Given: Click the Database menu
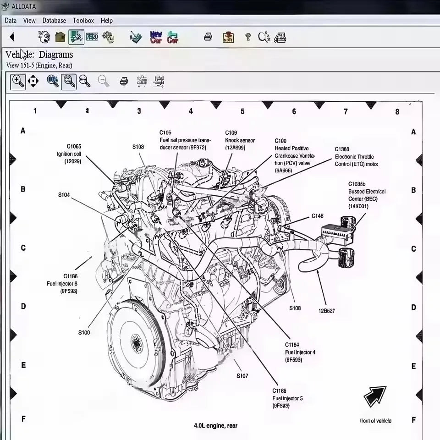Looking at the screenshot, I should (54, 21).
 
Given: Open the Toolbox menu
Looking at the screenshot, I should (83, 21).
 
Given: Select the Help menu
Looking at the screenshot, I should (107, 21).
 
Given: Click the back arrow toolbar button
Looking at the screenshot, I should (12, 37).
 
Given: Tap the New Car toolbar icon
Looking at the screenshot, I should (156, 37).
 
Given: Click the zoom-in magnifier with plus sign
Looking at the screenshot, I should (18, 82).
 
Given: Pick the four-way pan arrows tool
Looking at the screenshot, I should (33, 82).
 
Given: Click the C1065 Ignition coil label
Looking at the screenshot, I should (70, 154).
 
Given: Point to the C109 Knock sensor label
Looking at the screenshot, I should (239, 140).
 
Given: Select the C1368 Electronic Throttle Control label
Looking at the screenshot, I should (356, 156).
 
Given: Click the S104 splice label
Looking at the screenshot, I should (64, 195).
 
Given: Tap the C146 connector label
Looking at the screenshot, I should (317, 216).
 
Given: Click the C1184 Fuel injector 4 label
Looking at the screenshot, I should (300, 352).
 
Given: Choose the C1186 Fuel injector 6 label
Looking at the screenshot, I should (62, 283).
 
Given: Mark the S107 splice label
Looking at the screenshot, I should (242, 376).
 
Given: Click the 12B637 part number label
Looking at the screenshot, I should (327, 310).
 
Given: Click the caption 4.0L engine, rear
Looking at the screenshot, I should (215, 425).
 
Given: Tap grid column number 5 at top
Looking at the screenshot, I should (242, 111).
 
